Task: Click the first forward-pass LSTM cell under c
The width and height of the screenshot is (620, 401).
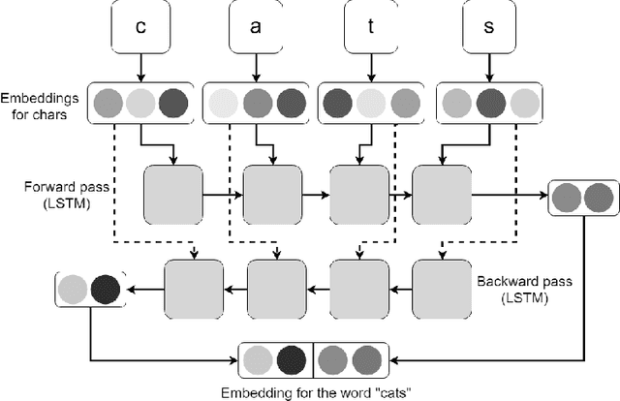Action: click(x=172, y=195)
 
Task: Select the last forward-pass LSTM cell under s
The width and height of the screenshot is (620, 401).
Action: click(x=442, y=195)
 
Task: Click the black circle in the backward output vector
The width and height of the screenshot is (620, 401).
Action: click(x=105, y=289)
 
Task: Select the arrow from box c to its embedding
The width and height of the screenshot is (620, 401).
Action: click(x=140, y=68)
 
